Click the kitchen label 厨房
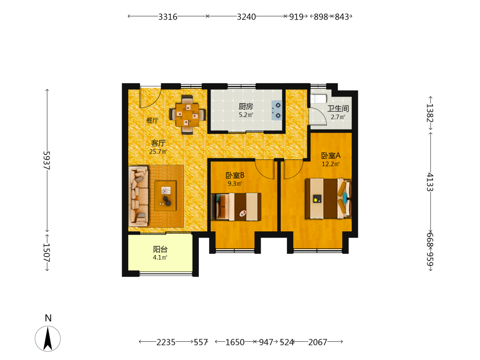pos(246,106)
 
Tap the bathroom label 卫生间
pos(338,108)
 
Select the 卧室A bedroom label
pos(331,156)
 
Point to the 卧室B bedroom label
pos(235,175)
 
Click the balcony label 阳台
pos(160,249)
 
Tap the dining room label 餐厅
pos(152,120)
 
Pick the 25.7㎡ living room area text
pos(158,152)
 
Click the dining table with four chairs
pos(187,115)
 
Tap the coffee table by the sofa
pos(165,196)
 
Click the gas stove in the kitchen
pos(277,110)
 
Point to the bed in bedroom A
pos(328,198)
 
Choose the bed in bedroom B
pos(236,206)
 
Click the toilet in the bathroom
pos(318,98)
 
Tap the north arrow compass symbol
pos(48,338)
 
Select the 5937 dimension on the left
pos(46,160)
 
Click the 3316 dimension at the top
pos(168,16)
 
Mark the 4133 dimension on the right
pos(430,182)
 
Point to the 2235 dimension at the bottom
pos(166,342)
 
